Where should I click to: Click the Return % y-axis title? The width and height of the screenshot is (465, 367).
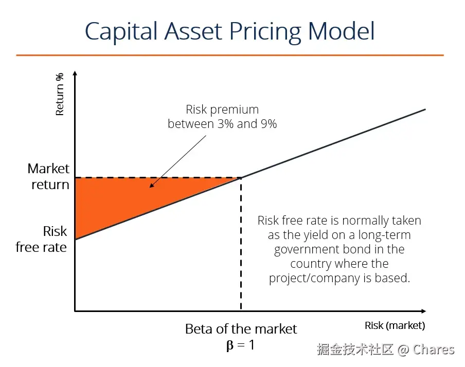[60, 94]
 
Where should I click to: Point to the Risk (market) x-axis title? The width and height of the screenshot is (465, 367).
[395, 325]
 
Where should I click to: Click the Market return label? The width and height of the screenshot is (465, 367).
[49, 177]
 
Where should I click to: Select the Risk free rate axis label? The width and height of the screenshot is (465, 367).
[42, 239]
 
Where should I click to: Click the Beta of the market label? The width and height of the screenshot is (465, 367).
[241, 329]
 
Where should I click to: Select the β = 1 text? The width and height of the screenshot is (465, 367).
[240, 344]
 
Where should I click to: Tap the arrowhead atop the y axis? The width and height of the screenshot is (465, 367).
[75, 74]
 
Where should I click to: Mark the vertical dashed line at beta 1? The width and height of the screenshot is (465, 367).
[241, 247]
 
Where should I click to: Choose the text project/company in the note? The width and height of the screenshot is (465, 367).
[316, 278]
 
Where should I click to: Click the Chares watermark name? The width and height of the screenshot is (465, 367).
[434, 350]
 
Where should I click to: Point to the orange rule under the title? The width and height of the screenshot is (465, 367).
[229, 54]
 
